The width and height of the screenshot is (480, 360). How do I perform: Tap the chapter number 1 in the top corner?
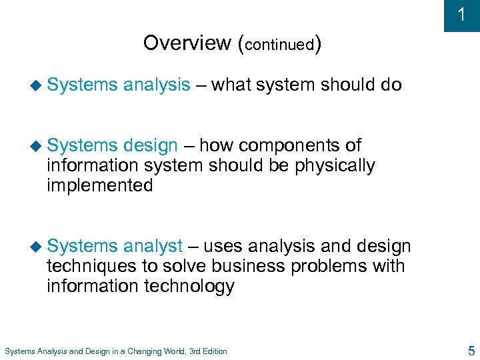(x=461, y=15)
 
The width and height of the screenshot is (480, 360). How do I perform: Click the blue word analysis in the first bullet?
(x=156, y=85)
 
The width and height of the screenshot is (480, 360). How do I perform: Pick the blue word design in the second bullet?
(x=150, y=146)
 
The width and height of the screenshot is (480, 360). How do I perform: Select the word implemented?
(x=100, y=186)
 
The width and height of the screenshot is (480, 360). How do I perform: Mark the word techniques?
(x=92, y=267)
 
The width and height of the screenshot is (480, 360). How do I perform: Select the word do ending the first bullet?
(x=391, y=85)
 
